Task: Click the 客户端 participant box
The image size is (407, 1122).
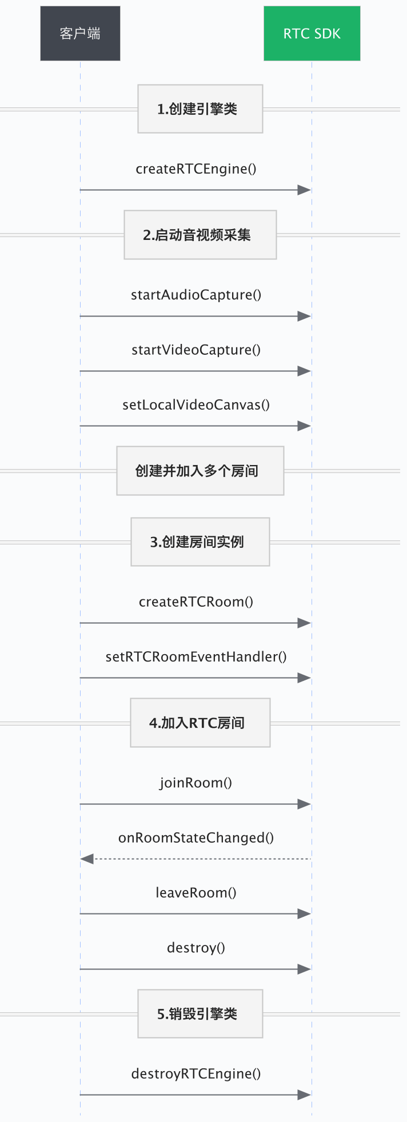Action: point(80,34)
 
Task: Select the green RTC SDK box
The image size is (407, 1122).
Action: point(312,34)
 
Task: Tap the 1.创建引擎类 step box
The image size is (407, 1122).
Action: point(200,109)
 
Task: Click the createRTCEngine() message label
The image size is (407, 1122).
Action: point(196,169)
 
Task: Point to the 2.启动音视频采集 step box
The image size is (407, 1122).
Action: point(200,235)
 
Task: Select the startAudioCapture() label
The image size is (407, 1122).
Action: point(196,295)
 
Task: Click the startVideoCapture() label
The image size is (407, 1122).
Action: point(196,350)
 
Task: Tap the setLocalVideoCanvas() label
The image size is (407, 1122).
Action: point(196,405)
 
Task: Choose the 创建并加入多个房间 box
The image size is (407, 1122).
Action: point(200,471)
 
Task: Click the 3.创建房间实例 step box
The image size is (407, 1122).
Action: point(200,542)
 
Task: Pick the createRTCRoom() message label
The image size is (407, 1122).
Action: point(196,602)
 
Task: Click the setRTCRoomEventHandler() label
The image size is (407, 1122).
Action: point(196,657)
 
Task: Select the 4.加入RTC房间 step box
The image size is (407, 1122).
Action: point(200,723)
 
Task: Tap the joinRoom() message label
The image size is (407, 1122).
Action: point(196,783)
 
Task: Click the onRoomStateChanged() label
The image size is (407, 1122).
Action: point(196,838)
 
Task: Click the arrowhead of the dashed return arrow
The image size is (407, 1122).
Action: point(87,859)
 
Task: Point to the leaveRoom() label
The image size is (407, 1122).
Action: point(196,893)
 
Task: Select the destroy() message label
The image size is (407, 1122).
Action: point(196,948)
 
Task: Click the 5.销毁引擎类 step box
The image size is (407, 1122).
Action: point(200,1013)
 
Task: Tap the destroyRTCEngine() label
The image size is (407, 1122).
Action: point(196,1074)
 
